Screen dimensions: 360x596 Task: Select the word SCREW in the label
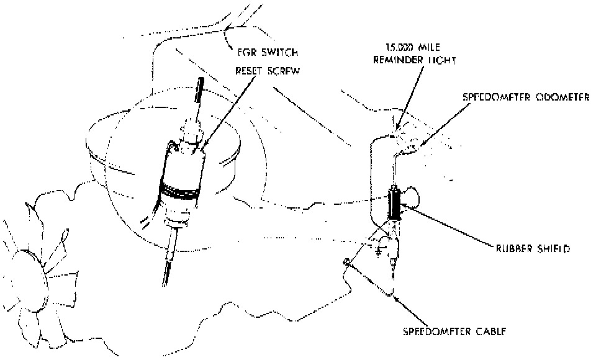(284, 71)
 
